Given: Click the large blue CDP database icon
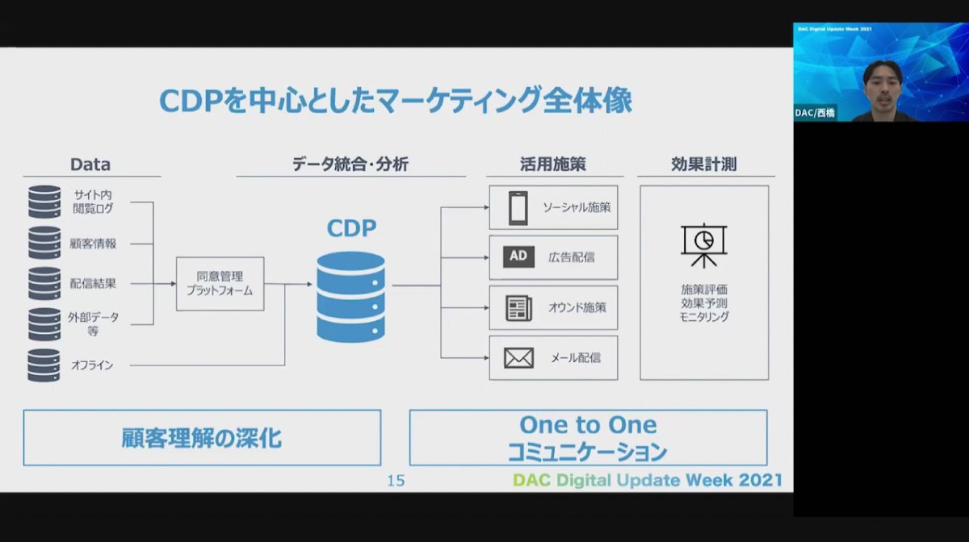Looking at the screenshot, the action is point(350,297).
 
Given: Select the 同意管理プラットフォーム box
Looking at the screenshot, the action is point(220,284).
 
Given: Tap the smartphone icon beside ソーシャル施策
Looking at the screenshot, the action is point(518,208).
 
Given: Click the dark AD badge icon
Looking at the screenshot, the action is point(518,256).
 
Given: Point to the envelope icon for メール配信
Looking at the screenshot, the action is point(518,358).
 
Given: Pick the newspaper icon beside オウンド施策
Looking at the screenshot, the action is point(518,308).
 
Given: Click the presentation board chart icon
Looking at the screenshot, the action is point(704,245).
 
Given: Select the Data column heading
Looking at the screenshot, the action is point(90,165).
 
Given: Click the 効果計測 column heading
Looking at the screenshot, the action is point(704,165).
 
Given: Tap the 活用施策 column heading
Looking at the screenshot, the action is point(553,165).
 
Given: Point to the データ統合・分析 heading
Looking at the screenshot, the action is point(350,165).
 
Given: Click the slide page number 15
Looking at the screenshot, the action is point(396,481).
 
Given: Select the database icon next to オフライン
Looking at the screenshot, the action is point(44,365).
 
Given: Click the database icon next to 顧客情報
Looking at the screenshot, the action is point(44,243).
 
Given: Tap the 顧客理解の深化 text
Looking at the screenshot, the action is point(202,438).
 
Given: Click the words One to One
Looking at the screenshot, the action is point(589,425).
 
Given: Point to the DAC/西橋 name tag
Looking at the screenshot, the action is point(815,113).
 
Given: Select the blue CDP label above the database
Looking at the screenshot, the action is point(351,228).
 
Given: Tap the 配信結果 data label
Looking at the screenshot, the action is point(93,284).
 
